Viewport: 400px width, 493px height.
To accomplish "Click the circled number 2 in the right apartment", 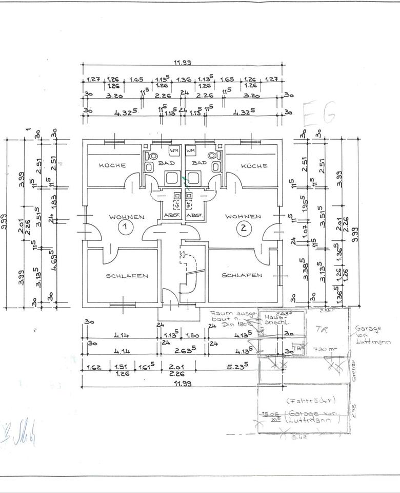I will point(243,228).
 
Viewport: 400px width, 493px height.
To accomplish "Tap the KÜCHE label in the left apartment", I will point(112,165).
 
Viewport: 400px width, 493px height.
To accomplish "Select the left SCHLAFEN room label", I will point(127,276).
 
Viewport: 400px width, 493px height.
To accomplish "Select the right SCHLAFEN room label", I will point(242,275).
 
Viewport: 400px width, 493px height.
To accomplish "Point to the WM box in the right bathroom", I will point(191,151).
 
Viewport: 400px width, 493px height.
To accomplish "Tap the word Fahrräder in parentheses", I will point(305,400).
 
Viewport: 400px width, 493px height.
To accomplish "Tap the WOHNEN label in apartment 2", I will point(243,216).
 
